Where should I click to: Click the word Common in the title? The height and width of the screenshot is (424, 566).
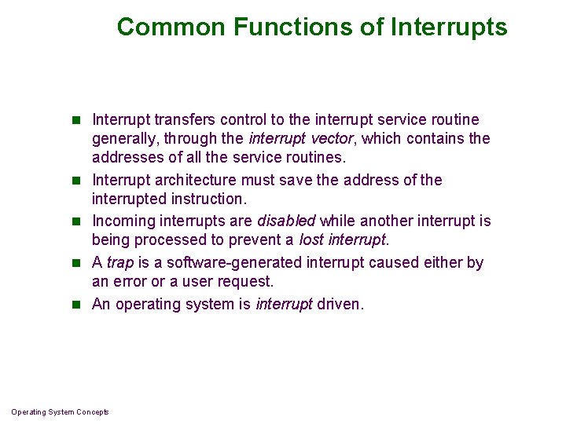[x=171, y=27]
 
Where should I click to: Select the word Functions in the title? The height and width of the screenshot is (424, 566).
[x=292, y=27]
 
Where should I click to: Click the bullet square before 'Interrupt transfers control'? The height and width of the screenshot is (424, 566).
[x=76, y=119]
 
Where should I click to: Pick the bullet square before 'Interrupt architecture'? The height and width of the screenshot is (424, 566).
[x=76, y=181]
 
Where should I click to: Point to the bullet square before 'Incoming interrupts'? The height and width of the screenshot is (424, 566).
[x=76, y=221]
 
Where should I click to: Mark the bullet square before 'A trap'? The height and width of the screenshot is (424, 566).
[x=76, y=263]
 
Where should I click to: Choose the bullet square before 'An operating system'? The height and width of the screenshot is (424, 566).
[x=76, y=305]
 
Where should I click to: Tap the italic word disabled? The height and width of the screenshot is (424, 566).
[x=287, y=221]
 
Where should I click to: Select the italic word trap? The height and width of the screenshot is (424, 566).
[x=120, y=263]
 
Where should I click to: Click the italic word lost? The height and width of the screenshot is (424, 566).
[x=311, y=239]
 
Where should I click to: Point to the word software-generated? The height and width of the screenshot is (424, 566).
[x=234, y=263]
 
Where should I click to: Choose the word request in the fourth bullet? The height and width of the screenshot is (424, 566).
[x=244, y=282]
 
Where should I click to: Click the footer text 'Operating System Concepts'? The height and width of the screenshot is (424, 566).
[x=60, y=412]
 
